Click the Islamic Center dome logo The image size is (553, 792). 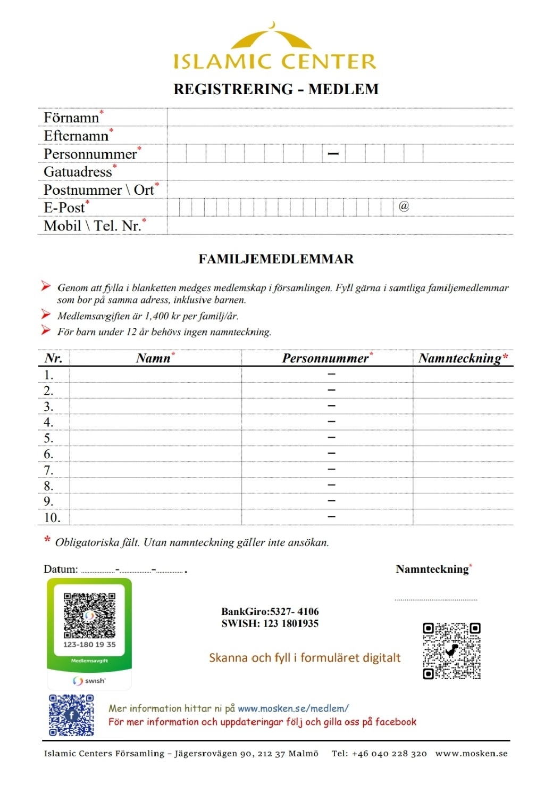pos(274,38)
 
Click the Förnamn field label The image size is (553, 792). pos(71,118)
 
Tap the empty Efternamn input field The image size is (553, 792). pos(340,136)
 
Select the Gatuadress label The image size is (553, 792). pos(78,172)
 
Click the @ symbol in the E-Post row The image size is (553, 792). pos(404,207)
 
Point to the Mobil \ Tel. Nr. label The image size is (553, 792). pos(92,226)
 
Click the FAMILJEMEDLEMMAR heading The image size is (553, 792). pos(276,259)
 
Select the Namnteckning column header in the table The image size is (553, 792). pos(460,358)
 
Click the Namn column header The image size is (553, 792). pos(153,358)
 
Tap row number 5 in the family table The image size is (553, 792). pos(49,438)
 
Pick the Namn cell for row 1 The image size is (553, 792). pos(155,375)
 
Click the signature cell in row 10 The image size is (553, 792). pos(463,517)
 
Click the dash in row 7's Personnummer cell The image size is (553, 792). pos(331,469)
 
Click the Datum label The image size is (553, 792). pos(61,569)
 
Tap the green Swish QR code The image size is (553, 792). pos(89,615)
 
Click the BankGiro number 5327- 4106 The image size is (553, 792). pos(295,612)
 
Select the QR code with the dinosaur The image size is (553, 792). pos(451,651)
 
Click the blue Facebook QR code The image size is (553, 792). pos(72,715)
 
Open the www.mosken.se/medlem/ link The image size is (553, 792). pos(293,708)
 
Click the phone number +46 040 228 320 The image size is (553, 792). pos(389,754)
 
